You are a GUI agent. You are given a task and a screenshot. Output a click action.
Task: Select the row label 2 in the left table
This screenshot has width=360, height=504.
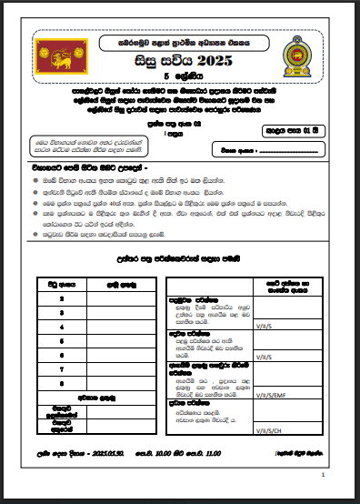point(61,298)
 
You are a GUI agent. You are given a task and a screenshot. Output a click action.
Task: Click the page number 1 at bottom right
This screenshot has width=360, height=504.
point(324,476)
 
